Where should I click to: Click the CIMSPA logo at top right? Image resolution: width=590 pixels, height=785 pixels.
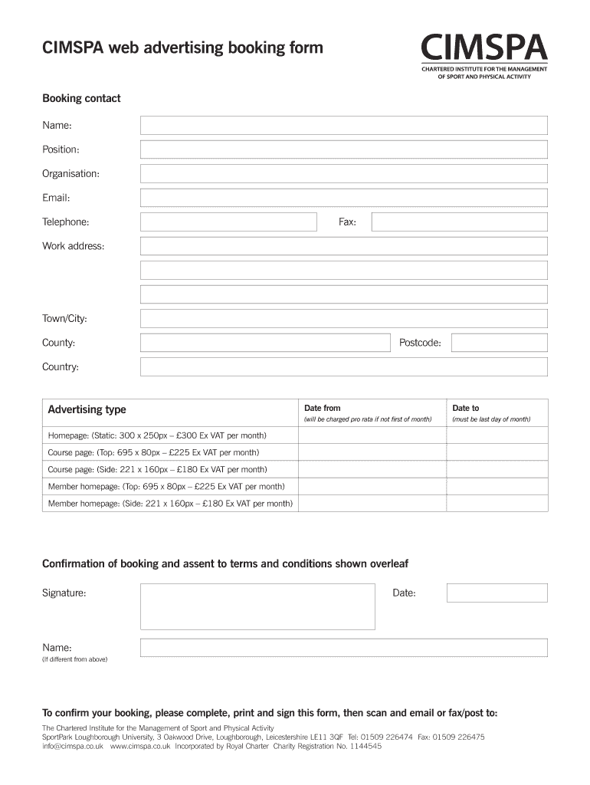point(483,57)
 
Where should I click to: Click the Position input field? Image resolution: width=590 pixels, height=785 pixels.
point(343,149)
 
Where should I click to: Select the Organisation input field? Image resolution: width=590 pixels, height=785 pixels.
point(343,173)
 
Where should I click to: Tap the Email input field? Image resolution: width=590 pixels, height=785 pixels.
point(343,198)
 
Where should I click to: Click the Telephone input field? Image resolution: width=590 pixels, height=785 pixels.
point(228,222)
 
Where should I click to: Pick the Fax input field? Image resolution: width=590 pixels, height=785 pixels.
point(459,222)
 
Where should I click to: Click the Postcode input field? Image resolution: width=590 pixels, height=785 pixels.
point(499,343)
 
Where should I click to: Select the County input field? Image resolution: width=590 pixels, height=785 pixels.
point(264,343)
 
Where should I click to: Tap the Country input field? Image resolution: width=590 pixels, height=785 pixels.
point(343,366)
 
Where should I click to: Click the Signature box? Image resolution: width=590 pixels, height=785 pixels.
point(257,606)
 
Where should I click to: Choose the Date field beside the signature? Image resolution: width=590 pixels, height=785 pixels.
point(497,593)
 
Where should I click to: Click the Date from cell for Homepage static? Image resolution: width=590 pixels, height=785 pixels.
point(372,435)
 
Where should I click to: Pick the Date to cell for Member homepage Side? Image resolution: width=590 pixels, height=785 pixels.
point(497,504)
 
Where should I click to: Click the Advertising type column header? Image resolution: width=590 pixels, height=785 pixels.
point(87,410)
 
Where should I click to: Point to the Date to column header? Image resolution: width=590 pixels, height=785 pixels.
point(466,409)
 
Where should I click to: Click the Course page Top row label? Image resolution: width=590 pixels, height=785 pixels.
point(154,452)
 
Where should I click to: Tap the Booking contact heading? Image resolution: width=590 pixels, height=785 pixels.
point(81,99)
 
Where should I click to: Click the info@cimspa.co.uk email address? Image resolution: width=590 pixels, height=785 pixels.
point(73,746)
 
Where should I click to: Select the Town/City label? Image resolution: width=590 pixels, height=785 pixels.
point(70,318)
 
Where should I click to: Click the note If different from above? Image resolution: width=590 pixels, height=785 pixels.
point(75,659)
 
